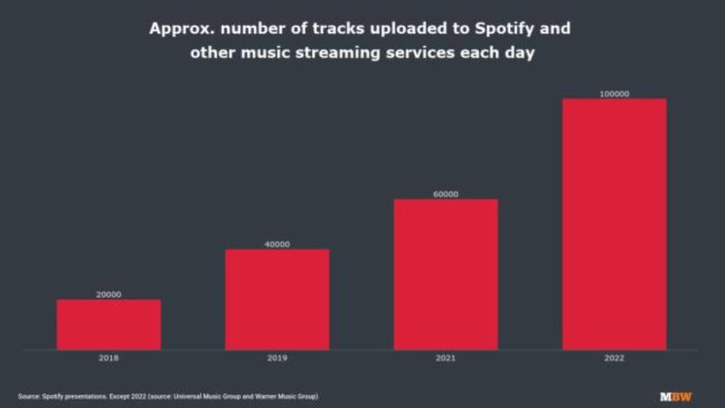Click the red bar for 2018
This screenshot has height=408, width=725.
(109, 324)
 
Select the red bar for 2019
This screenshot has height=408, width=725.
(277, 299)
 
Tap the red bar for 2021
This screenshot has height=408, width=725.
(446, 274)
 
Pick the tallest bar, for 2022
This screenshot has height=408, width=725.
(614, 224)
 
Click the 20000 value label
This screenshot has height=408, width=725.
(109, 295)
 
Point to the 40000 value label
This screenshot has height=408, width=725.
(277, 244)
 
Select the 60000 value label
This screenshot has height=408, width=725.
(446, 194)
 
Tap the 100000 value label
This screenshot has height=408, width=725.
(614, 94)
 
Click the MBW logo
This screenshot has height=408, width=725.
(676, 396)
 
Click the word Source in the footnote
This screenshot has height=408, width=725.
(28, 396)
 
